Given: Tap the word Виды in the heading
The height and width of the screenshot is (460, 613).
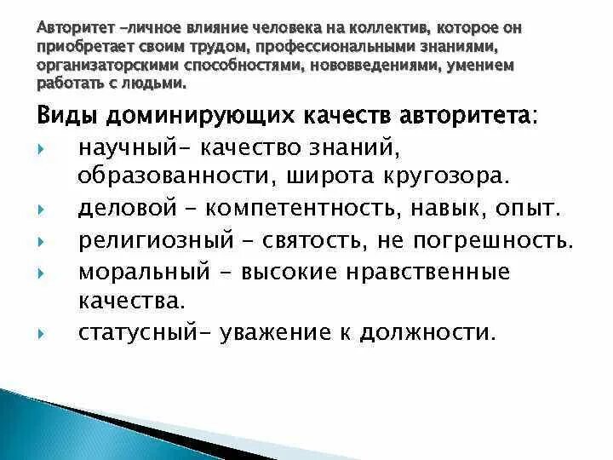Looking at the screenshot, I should [x=66, y=117].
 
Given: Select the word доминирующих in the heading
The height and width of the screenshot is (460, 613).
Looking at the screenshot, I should [x=191, y=117].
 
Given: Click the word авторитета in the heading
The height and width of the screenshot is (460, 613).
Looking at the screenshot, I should [x=461, y=117].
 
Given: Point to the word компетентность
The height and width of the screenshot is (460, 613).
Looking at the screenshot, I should [x=317, y=209].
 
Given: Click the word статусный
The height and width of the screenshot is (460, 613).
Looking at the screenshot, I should [x=135, y=331].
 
